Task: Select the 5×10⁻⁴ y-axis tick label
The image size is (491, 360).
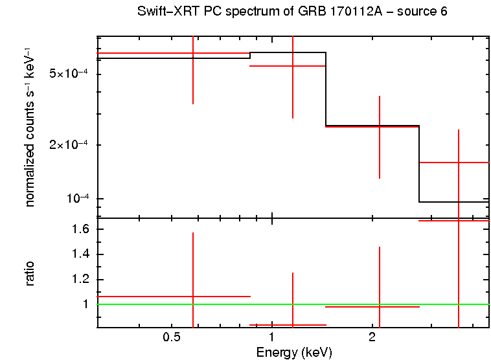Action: pos(69,74)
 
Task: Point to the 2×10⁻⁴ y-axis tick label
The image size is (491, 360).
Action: pos(69,145)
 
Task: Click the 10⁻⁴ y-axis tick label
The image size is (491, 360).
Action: pos(76,198)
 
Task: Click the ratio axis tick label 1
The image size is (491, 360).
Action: pos(84,304)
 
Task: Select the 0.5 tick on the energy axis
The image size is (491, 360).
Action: pos(171,337)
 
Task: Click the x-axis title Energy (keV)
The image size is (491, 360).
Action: pos(294,352)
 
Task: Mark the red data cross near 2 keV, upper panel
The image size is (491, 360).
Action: pos(379,126)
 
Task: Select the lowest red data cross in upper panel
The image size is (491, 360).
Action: pos(458,163)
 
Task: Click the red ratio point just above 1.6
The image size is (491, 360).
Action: pos(458,221)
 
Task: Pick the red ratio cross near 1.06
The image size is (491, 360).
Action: pos(192,297)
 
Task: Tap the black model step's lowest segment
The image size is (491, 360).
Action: pos(453,202)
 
